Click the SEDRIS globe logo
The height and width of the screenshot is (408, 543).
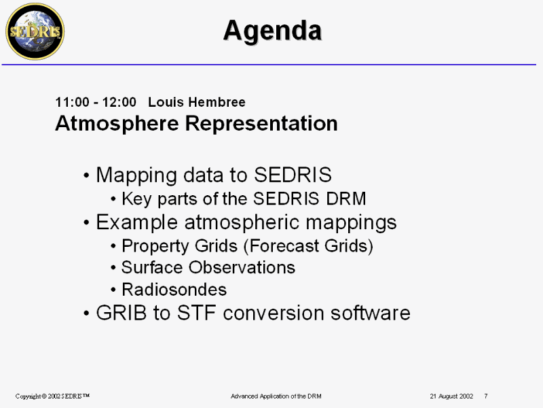[x=35, y=31]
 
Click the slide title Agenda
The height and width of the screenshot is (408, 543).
[x=273, y=31]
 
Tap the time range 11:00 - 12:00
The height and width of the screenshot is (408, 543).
[x=96, y=103]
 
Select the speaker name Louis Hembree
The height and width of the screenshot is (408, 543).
[x=197, y=103]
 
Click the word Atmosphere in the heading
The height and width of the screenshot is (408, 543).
[x=117, y=124]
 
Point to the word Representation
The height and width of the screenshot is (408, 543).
[x=261, y=124]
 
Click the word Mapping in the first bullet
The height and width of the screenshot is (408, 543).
[x=136, y=176]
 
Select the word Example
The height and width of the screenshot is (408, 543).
[x=137, y=223]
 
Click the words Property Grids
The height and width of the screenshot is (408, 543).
[x=179, y=246]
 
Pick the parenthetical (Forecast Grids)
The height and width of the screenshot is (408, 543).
[x=309, y=246]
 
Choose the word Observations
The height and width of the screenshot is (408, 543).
[x=242, y=267]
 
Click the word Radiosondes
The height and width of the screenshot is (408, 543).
[x=174, y=290]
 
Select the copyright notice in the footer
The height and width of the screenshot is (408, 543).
[x=52, y=396]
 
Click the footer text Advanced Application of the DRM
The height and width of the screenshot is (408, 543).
[x=276, y=396]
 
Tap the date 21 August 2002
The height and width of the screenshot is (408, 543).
[x=451, y=396]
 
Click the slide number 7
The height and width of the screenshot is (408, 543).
[x=486, y=396]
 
